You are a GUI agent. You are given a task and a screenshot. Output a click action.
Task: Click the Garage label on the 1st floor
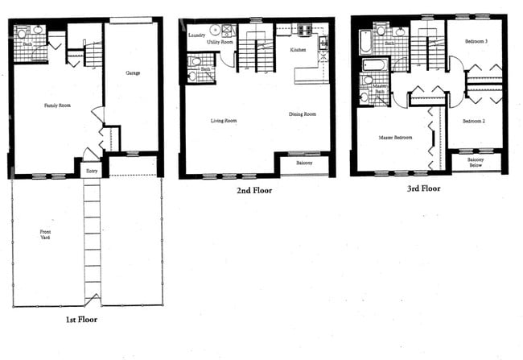click(133, 73)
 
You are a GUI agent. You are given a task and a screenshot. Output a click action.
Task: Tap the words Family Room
click(56, 105)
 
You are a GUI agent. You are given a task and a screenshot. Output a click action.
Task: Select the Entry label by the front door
click(90, 171)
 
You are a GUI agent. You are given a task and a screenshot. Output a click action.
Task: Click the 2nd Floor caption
click(253, 191)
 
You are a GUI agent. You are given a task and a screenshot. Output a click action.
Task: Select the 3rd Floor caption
click(424, 189)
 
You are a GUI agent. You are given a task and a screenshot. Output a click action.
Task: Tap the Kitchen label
click(297, 50)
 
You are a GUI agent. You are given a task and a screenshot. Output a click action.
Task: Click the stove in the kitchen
click(306, 31)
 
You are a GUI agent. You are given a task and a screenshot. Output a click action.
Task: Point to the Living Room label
click(223, 121)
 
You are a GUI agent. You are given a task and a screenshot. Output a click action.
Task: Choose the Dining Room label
click(302, 114)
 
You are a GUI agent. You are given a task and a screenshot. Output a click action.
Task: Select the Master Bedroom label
click(395, 138)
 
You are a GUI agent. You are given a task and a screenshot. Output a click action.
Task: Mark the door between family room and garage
click(97, 115)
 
